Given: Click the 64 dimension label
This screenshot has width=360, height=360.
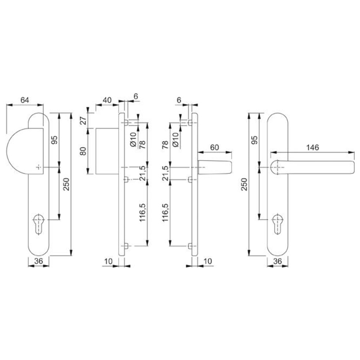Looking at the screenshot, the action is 25,100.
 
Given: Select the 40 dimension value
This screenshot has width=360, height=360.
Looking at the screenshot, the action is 107,100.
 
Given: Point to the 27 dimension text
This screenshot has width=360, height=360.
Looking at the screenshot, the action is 83,120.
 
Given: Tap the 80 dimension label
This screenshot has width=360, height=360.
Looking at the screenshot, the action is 83,151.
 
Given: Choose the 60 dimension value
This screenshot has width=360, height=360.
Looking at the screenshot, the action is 214,147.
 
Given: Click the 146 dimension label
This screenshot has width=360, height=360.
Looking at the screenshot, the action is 312,147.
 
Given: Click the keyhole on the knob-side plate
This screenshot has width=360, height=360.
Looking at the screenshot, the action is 39,224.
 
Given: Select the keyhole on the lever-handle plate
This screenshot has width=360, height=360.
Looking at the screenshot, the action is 278,224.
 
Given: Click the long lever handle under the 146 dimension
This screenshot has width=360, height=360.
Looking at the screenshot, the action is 312,167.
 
